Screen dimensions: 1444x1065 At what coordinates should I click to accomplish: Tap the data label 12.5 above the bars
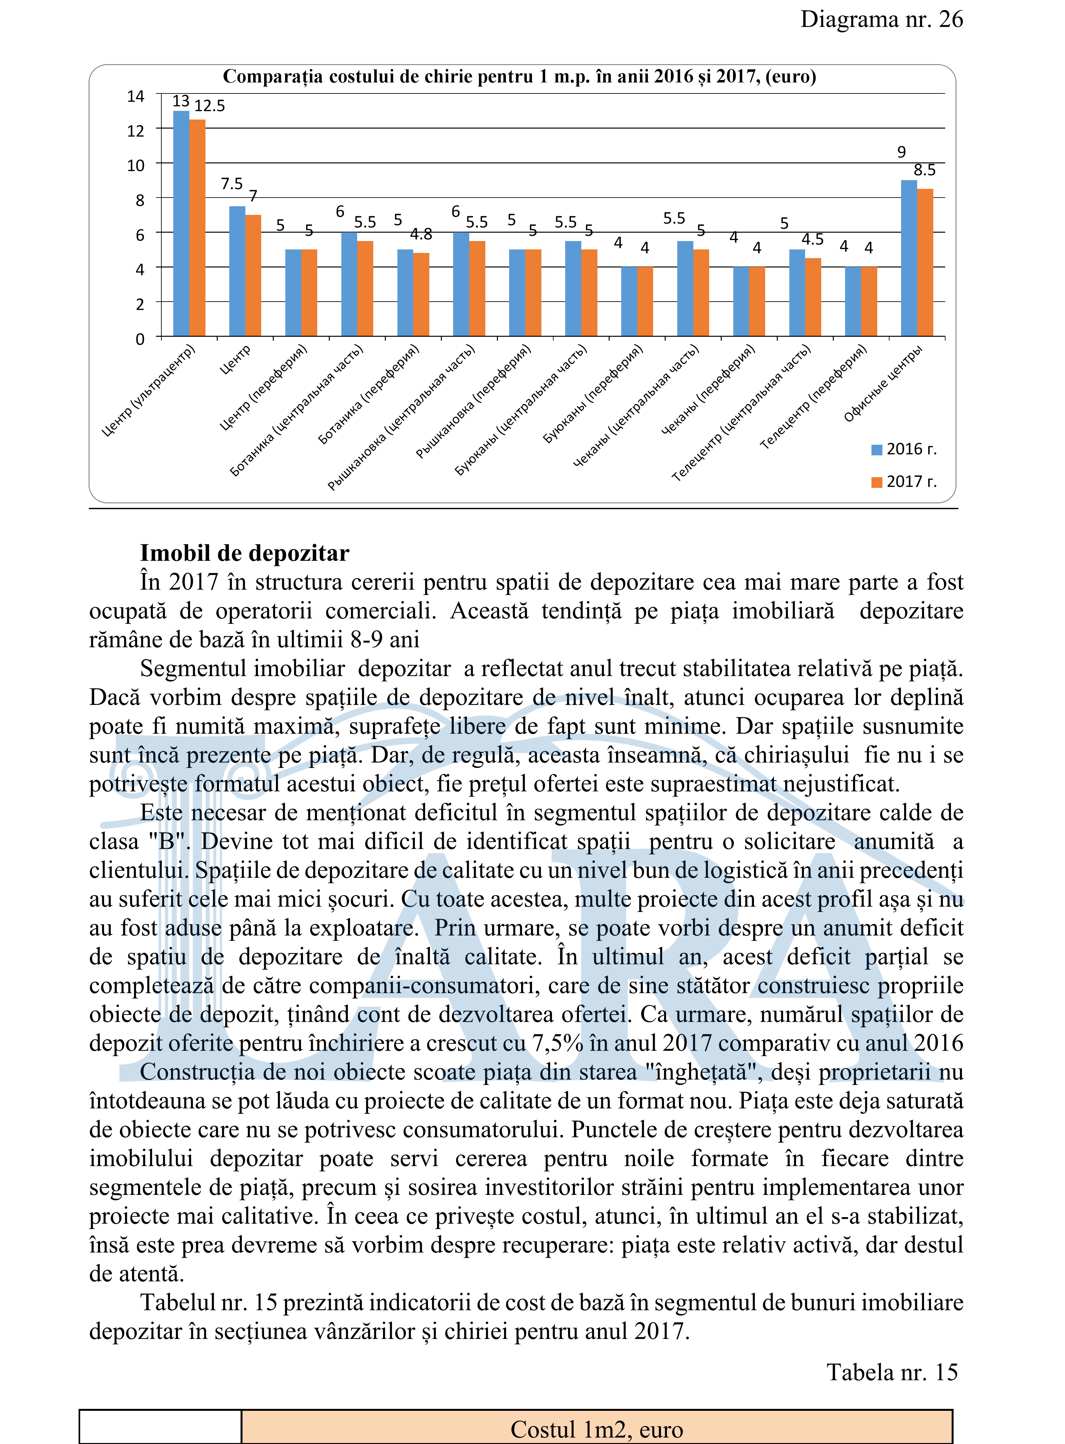pos(210,106)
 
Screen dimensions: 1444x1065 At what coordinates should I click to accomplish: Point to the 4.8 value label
pos(421,235)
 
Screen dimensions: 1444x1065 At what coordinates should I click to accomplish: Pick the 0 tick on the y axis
pos(140,339)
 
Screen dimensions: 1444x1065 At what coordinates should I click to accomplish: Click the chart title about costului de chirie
pos(519,77)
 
